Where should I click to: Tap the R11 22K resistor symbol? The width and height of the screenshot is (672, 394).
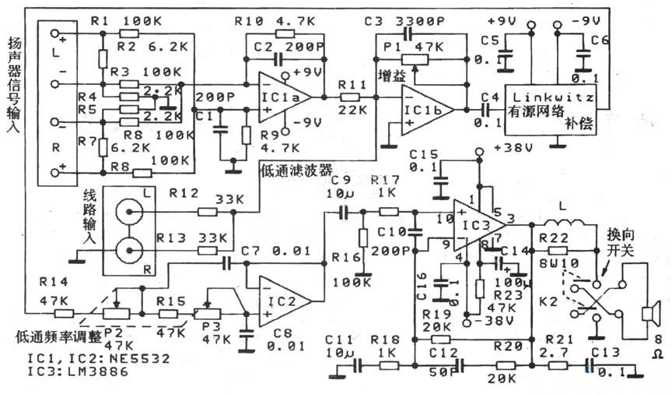(351, 97)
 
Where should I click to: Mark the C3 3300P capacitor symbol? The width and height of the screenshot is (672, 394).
(408, 34)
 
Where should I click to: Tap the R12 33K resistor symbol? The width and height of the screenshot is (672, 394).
(207, 211)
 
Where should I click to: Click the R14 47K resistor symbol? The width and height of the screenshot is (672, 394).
(63, 312)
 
